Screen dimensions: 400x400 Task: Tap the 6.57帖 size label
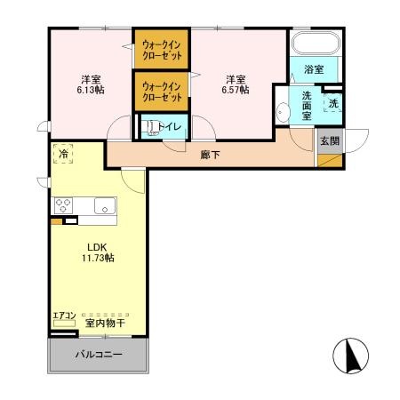(x=235, y=89)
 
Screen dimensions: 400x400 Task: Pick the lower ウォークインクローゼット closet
(x=161, y=92)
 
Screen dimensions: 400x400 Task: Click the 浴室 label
(x=314, y=68)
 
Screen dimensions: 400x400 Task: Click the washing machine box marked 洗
(x=332, y=104)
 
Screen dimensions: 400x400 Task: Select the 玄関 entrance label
(x=329, y=140)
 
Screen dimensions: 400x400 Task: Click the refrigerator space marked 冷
(x=63, y=154)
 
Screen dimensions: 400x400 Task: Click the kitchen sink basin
(x=104, y=207)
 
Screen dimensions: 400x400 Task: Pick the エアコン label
(x=63, y=316)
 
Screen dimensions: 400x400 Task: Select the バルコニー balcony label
(x=98, y=355)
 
